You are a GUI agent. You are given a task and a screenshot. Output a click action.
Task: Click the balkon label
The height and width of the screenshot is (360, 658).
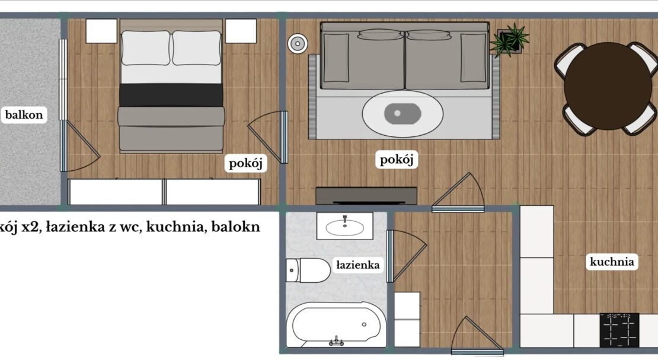coord(24,114)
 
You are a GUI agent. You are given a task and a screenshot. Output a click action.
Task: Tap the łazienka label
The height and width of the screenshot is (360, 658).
coord(358,265)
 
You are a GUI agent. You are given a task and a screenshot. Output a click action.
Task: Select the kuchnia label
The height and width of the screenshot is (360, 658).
coord(612,262)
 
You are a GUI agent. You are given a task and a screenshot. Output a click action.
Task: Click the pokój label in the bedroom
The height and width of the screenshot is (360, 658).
coord(245,163)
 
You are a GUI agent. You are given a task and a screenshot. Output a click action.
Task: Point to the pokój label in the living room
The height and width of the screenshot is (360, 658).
coord(397,159)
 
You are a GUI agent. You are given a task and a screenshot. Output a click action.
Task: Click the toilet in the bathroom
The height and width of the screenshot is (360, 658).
coord(308,270)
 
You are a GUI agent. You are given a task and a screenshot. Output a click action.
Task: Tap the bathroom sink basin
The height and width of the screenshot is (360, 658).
coord(345,227)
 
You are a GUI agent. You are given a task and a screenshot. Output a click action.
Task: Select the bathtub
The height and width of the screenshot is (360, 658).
coord(336,325)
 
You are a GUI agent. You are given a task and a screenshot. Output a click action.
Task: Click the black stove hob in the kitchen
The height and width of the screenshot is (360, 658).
coord(619,330)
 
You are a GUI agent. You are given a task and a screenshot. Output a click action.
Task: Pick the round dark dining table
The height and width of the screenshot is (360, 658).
coord(608,85)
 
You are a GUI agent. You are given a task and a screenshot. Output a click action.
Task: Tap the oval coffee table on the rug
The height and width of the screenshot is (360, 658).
coord(403,113)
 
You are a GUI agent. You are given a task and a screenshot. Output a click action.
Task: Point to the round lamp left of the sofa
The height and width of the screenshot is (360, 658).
coord(298,43)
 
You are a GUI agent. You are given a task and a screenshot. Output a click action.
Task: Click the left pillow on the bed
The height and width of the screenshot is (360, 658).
coord(146,48)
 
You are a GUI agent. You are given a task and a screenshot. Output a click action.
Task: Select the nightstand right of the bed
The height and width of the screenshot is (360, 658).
coord(241,31)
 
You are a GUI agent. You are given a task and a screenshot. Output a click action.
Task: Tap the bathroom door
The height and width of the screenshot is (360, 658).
coord(406,256)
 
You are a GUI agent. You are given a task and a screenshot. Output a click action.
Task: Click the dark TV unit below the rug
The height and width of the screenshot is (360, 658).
coord(366,196)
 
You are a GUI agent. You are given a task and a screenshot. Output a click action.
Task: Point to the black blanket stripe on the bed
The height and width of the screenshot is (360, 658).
coord(171,95)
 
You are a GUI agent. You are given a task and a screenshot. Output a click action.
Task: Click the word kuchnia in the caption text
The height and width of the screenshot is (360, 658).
coord(183,227)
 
